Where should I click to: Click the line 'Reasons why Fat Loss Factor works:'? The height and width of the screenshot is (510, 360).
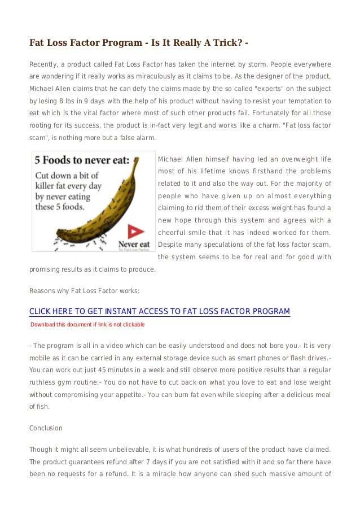point(84,291)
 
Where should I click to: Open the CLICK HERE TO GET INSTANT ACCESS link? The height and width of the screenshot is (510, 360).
point(160,311)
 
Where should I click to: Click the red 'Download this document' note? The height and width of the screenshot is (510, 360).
point(87,325)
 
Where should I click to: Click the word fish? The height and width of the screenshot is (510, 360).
point(42,407)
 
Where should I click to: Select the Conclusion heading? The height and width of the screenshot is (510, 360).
point(46,428)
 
